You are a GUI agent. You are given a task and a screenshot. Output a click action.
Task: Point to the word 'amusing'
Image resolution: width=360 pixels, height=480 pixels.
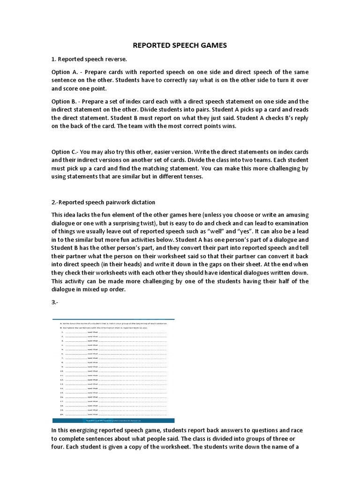[x=296, y=215]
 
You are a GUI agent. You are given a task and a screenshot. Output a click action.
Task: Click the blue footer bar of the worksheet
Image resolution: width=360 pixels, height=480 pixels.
[x=113, y=420]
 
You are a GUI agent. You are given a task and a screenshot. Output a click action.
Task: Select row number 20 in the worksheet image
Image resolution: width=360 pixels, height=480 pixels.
[x=61, y=415]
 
